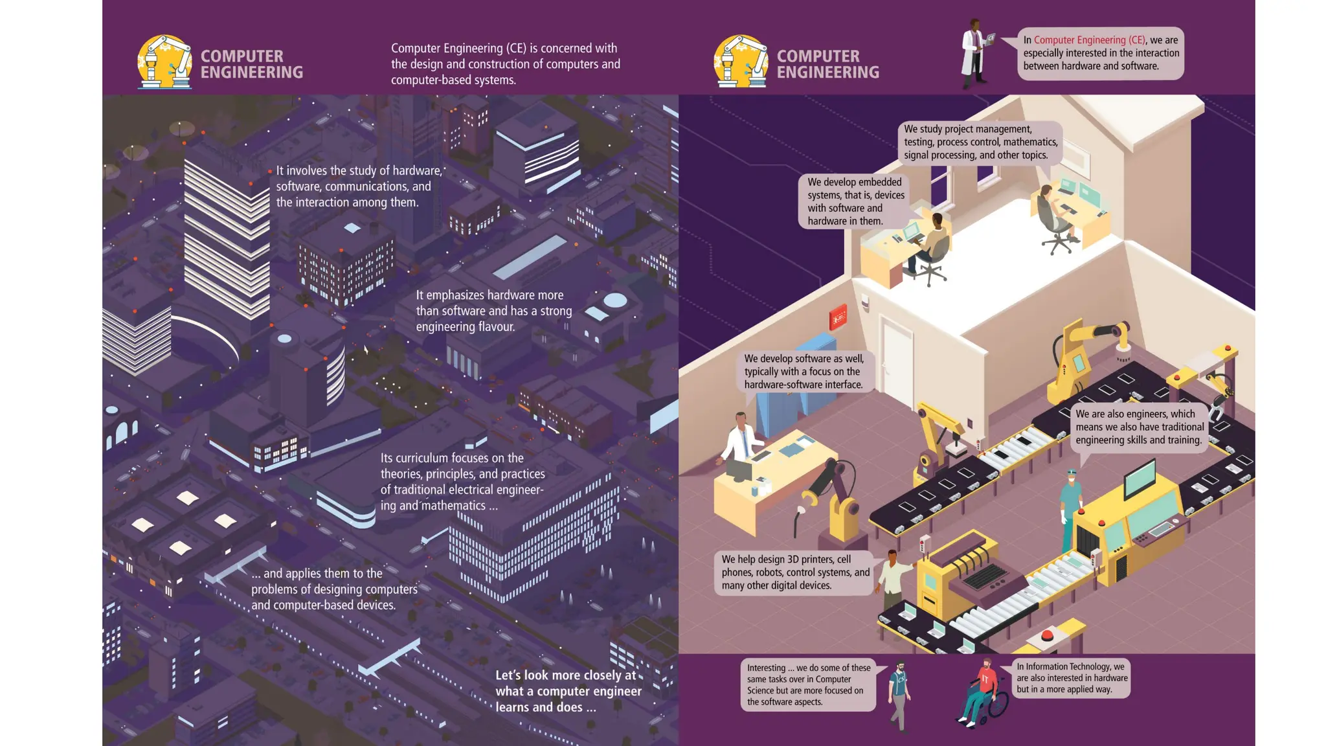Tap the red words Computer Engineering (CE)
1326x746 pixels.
pos(1089,40)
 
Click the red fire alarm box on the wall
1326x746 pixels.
pos(838,317)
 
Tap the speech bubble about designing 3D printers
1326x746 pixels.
pos(795,572)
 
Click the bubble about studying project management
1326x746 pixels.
pos(980,142)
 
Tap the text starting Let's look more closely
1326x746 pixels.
pos(568,691)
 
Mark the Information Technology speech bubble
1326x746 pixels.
pos(1071,678)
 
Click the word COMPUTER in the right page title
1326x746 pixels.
pos(818,56)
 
